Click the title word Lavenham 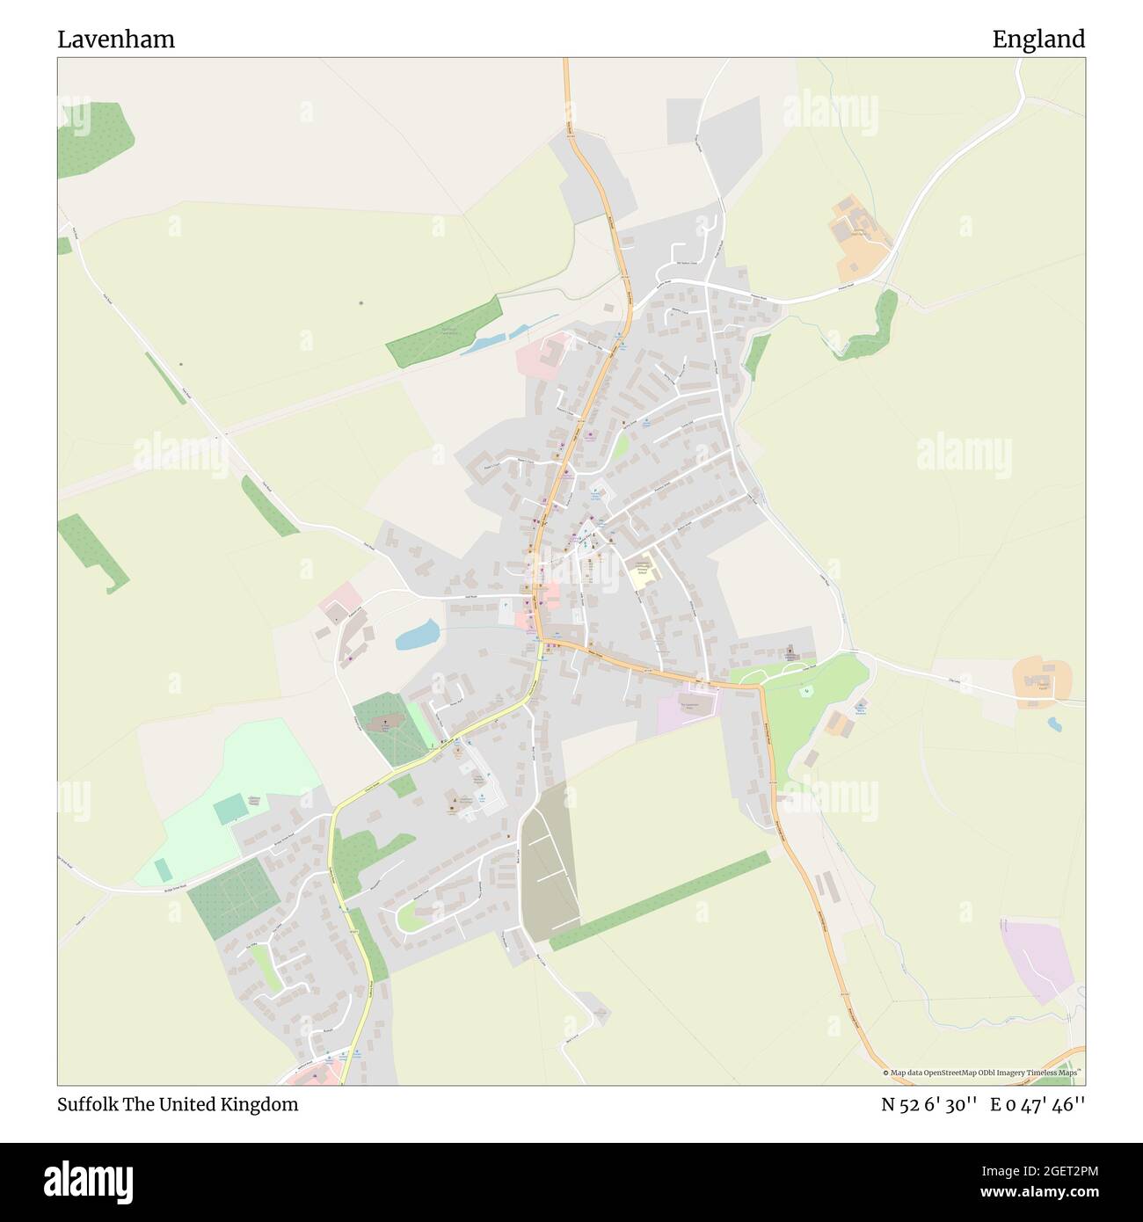tap(116, 40)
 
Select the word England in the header tap(1038, 40)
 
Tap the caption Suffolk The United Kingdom tap(178, 1105)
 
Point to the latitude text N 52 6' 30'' tap(929, 1105)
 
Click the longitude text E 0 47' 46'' tap(1037, 1105)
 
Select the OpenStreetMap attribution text tap(980, 1073)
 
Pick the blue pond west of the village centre tap(417, 635)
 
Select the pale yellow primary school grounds tap(643, 571)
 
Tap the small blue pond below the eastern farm tap(1052, 724)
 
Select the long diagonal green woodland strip tap(659, 900)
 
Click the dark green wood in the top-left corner tap(95, 139)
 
